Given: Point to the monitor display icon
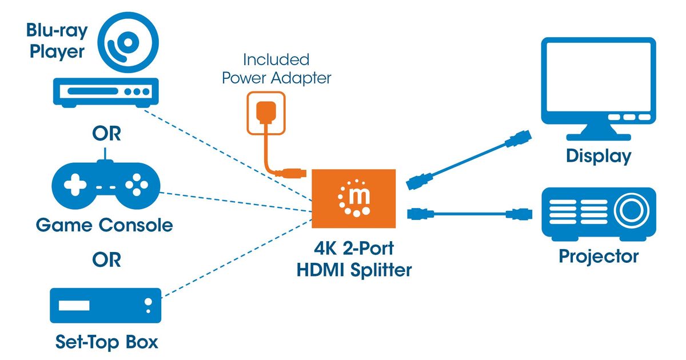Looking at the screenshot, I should (598, 86).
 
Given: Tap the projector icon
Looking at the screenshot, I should (598, 213).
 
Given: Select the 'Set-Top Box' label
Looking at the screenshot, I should (106, 342).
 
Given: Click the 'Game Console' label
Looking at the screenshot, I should (104, 225).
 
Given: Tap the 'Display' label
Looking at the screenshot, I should (599, 156).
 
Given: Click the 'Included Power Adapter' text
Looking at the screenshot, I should (276, 69).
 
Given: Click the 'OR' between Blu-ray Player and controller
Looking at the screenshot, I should (106, 135).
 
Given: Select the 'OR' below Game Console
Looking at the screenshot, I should (106, 260).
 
